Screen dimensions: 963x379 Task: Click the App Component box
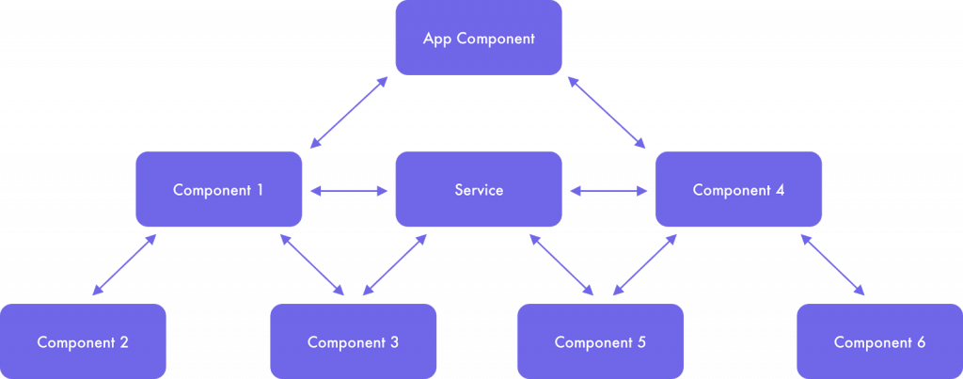[479, 38]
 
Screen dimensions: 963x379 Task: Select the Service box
[479, 189]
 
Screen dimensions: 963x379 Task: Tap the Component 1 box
[218, 189]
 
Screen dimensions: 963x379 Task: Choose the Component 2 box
[83, 341]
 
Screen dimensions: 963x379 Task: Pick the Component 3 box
[354, 341]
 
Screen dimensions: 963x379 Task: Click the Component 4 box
[738, 189]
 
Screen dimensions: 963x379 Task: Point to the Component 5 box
[600, 341]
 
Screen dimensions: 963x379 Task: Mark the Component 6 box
[879, 341]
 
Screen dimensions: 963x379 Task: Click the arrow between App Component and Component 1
[349, 113]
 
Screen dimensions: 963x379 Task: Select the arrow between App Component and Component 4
[607, 113]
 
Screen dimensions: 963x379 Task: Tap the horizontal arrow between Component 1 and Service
[349, 191]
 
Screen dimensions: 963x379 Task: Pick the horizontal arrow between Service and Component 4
[608, 191]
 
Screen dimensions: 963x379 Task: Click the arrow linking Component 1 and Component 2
[124, 264]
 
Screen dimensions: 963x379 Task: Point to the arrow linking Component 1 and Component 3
[311, 264]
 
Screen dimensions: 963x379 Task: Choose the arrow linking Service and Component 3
[394, 264]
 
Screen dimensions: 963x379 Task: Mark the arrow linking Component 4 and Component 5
[645, 264]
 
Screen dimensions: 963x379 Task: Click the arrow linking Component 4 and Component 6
[832, 264]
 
